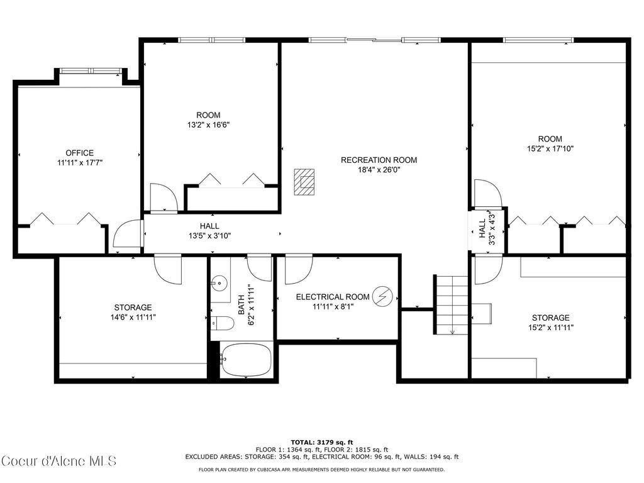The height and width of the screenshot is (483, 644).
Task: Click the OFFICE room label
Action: click(79, 153)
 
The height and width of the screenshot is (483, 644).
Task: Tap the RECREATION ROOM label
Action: click(379, 160)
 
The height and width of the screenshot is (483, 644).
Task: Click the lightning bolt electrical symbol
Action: click(381, 296)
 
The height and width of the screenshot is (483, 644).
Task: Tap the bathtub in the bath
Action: click(246, 360)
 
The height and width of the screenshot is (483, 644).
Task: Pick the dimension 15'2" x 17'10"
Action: click(550, 149)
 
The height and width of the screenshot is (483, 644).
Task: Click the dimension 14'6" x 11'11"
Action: click(133, 318)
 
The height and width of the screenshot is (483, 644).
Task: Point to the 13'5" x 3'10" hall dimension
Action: click(209, 236)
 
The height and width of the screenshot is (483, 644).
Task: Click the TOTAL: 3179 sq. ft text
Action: click(321, 442)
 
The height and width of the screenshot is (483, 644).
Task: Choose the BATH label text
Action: click(241, 304)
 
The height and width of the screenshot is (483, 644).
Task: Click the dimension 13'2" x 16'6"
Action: click(208, 125)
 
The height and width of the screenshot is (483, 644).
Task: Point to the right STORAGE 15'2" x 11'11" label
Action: click(550, 322)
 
